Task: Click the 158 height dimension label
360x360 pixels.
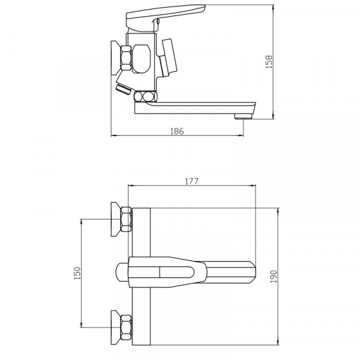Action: [x=269, y=62]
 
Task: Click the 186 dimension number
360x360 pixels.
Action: [x=177, y=131]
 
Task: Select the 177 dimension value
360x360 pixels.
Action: [x=191, y=181]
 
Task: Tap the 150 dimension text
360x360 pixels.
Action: [x=77, y=273]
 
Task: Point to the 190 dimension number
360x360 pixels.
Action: [x=274, y=277]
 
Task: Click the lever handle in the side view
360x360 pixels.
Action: [x=166, y=17]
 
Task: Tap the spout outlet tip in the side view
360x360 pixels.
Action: [x=244, y=116]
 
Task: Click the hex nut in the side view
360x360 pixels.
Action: [x=126, y=58]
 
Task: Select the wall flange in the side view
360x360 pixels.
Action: [x=116, y=58]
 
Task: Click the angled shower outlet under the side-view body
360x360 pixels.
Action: [x=124, y=89]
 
